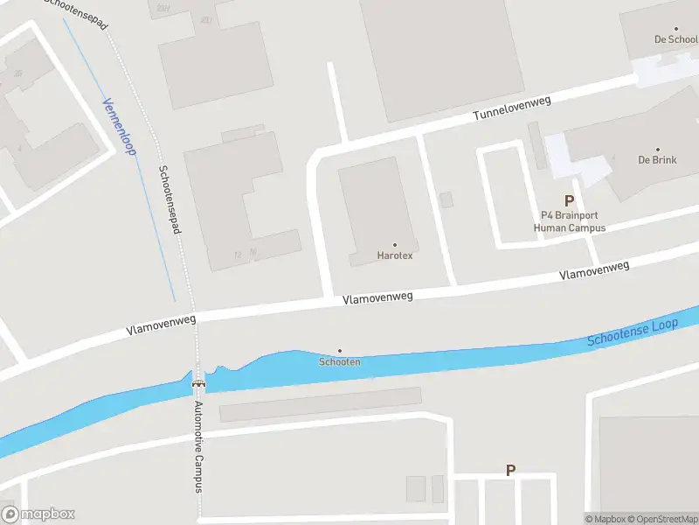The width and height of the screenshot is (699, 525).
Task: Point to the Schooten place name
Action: point(340,361)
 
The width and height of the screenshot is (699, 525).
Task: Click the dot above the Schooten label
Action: point(340,350)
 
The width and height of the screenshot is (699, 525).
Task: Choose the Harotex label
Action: point(394,255)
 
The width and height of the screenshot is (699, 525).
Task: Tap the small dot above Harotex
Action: point(394,245)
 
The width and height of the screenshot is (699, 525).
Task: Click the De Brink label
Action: point(657,160)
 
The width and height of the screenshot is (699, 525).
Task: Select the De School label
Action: point(675,39)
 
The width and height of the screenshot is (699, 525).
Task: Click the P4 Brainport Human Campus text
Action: point(570,221)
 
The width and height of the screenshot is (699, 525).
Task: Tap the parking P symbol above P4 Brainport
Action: point(570,200)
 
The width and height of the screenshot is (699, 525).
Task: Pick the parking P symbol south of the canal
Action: point(511,471)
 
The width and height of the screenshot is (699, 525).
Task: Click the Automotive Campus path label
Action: point(198,447)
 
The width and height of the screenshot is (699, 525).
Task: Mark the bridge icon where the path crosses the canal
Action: point(199,382)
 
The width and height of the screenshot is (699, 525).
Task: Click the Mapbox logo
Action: point(38,514)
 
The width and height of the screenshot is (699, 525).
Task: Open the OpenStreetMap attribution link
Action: point(659,519)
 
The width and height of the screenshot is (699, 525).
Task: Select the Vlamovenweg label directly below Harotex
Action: point(377,298)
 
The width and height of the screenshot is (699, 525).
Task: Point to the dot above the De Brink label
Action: point(657,149)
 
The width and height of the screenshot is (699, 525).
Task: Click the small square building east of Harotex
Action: point(446,199)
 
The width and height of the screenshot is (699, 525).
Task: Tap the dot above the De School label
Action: point(675,29)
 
